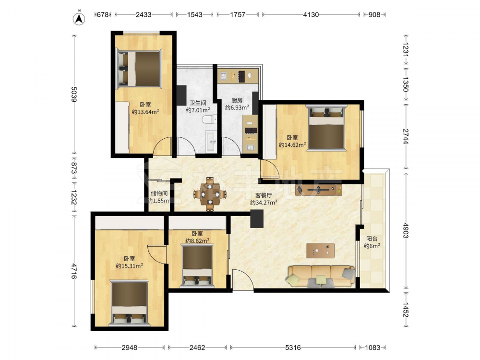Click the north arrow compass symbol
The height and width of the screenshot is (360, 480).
[x=79, y=18]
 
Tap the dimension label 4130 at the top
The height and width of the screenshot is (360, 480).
[x=311, y=14]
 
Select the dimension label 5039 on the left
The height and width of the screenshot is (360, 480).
[x=74, y=94]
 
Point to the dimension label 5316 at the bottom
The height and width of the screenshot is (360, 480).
[x=293, y=348]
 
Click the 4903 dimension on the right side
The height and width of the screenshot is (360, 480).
[x=406, y=230]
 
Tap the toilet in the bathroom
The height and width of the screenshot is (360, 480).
[x=210, y=119]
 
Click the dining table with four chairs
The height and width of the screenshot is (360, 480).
[x=210, y=194]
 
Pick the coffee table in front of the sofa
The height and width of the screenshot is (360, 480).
[x=320, y=251]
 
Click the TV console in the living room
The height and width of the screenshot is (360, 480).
[x=319, y=190]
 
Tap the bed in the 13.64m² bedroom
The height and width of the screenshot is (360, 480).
[x=138, y=68]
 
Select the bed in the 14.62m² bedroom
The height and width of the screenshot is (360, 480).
[x=326, y=128]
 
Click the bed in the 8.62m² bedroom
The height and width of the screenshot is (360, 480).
[x=197, y=266]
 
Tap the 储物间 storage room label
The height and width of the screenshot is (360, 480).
[x=159, y=193]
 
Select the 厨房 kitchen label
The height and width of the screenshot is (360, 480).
[x=237, y=100]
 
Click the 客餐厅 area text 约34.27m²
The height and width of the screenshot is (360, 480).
[x=264, y=203]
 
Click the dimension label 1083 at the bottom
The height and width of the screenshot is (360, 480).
[x=372, y=348]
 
